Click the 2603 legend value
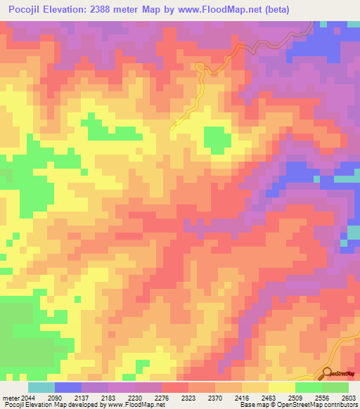[349, 398]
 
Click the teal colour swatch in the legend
[41, 387]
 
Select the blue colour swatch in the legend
[68, 387]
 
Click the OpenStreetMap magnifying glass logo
[328, 373]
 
